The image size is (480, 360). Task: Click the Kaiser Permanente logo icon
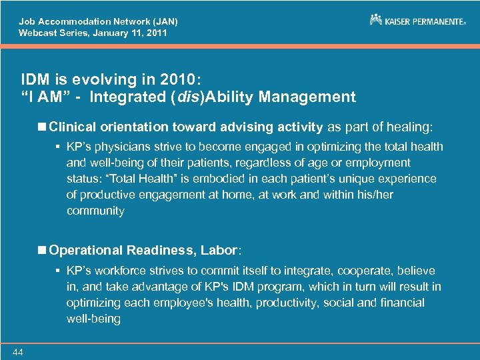point(376,20)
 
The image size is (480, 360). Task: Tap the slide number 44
point(17,352)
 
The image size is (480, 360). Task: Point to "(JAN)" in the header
point(163,21)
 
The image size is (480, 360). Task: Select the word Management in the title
point(307,97)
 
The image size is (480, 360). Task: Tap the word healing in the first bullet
point(409,126)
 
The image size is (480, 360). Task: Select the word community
point(95,211)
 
